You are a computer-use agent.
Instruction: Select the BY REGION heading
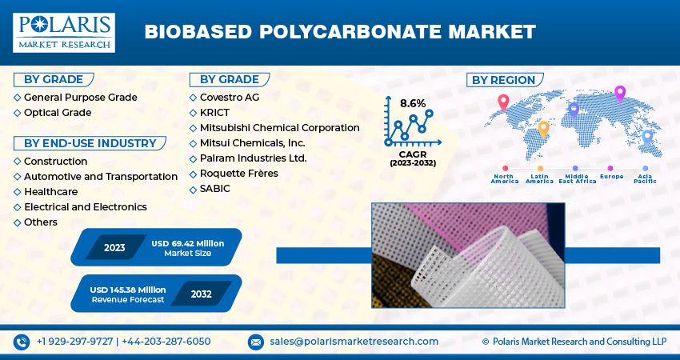pyautogui.click(x=503, y=80)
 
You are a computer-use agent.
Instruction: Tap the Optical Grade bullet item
pyautogui.click(x=58, y=113)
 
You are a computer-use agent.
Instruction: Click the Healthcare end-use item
pyautogui.click(x=50, y=192)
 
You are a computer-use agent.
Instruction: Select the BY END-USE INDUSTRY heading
pyautogui.click(x=90, y=143)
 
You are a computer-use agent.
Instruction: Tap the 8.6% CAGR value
pyautogui.click(x=413, y=103)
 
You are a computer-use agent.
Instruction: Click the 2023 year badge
pyautogui.click(x=114, y=247)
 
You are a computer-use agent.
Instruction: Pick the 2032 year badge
pyautogui.click(x=201, y=294)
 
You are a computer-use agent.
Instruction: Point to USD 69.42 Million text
pyautogui.click(x=187, y=242)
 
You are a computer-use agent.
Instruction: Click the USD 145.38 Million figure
pyautogui.click(x=128, y=289)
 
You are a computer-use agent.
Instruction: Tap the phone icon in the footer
pyautogui.click(x=21, y=342)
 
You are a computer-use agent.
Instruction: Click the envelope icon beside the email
pyautogui.click(x=255, y=342)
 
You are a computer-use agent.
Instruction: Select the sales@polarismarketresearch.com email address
pyautogui.click(x=354, y=342)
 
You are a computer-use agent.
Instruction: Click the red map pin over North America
pyautogui.click(x=503, y=102)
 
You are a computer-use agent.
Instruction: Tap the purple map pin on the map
pyautogui.click(x=619, y=93)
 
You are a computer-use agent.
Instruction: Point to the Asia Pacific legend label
pyautogui.click(x=645, y=178)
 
